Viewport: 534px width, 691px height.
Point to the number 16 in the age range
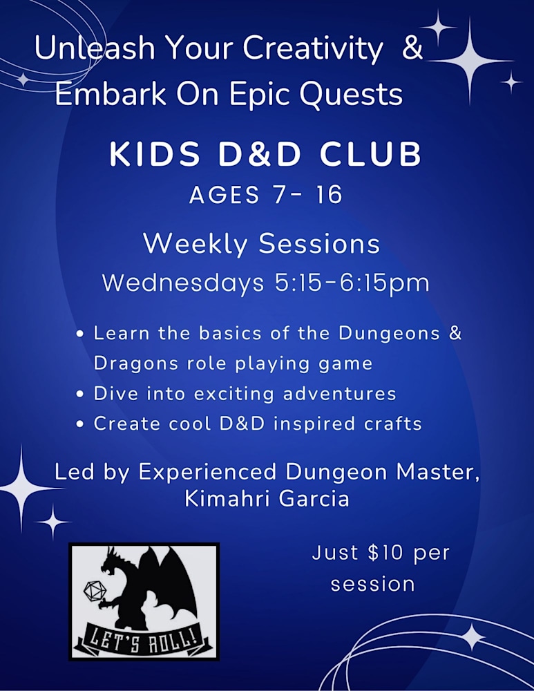327,195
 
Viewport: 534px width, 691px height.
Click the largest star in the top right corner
469,61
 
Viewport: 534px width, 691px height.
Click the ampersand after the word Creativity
412,50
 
